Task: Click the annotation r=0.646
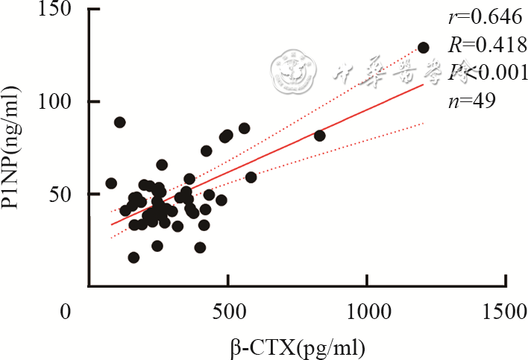click(x=483, y=18)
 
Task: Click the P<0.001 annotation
click(x=488, y=72)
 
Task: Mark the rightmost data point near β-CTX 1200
click(x=424, y=47)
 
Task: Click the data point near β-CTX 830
click(x=319, y=136)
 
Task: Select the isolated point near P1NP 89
click(x=119, y=122)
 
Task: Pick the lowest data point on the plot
click(x=133, y=257)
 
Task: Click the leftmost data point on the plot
click(x=111, y=183)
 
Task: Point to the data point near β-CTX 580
click(x=251, y=177)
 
